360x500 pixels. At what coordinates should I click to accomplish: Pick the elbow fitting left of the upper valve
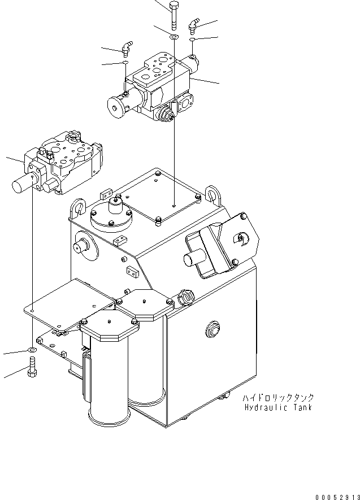pos(126,47)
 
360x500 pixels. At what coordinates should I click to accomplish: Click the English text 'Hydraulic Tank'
pos(277,407)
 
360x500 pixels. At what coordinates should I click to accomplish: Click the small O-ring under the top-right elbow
pos(193,41)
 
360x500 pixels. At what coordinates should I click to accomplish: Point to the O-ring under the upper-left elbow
pos(124,63)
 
